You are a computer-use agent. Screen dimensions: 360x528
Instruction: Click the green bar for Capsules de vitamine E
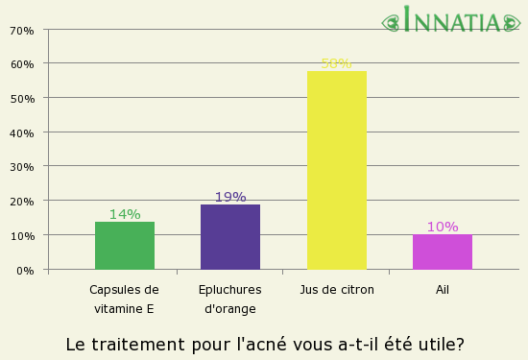(125, 246)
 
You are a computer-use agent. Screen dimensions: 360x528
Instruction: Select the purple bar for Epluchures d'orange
(230, 237)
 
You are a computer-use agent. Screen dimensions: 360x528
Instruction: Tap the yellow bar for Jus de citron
(336, 170)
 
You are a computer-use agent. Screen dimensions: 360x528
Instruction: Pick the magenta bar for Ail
(443, 252)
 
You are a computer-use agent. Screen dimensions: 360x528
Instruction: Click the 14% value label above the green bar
(125, 214)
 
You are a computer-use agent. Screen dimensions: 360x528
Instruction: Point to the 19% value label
(230, 197)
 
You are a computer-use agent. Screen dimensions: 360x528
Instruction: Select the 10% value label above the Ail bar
(443, 227)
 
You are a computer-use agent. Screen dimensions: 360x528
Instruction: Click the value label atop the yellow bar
(336, 64)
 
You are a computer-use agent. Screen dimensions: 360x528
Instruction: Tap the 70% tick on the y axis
(21, 30)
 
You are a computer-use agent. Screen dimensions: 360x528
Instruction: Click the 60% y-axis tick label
(21, 64)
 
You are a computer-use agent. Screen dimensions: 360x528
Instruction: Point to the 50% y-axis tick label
(21, 98)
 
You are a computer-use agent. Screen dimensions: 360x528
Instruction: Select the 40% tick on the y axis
(21, 132)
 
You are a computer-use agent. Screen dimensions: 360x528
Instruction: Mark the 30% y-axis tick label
(21, 167)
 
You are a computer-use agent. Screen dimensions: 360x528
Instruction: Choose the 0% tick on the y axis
(25, 270)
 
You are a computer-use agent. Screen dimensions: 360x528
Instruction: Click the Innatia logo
(455, 20)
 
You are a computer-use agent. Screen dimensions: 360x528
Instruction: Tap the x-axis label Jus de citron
(336, 289)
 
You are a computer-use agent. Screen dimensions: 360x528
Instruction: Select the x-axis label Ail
(443, 289)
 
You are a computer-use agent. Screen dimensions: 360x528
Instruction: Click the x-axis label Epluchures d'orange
(230, 299)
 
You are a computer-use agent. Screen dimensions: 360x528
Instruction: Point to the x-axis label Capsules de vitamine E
(124, 299)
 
